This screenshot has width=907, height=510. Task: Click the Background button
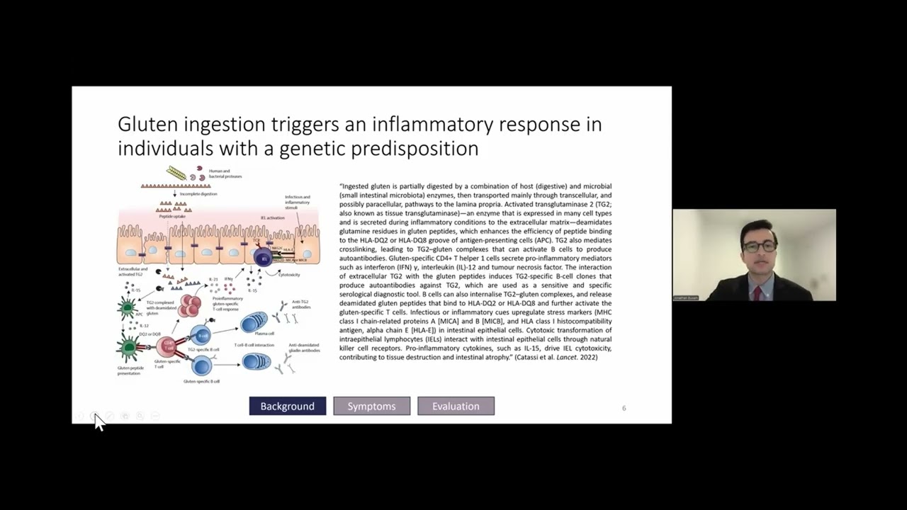pos(287,406)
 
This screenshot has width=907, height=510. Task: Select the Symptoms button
pos(371,406)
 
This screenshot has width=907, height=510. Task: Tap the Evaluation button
pos(456,406)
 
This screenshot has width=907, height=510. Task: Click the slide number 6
pos(624,408)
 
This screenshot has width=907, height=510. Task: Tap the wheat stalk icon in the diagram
pos(176,173)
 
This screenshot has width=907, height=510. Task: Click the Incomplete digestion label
pos(198,193)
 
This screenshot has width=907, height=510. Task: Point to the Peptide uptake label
pos(172,216)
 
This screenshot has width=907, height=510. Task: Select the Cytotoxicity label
pos(289,275)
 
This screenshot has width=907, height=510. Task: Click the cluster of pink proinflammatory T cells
pos(189,306)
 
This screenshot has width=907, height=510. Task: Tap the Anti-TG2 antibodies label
pos(301,305)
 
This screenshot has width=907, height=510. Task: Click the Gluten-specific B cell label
pos(201,381)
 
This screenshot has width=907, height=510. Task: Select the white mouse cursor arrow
pos(98,422)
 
